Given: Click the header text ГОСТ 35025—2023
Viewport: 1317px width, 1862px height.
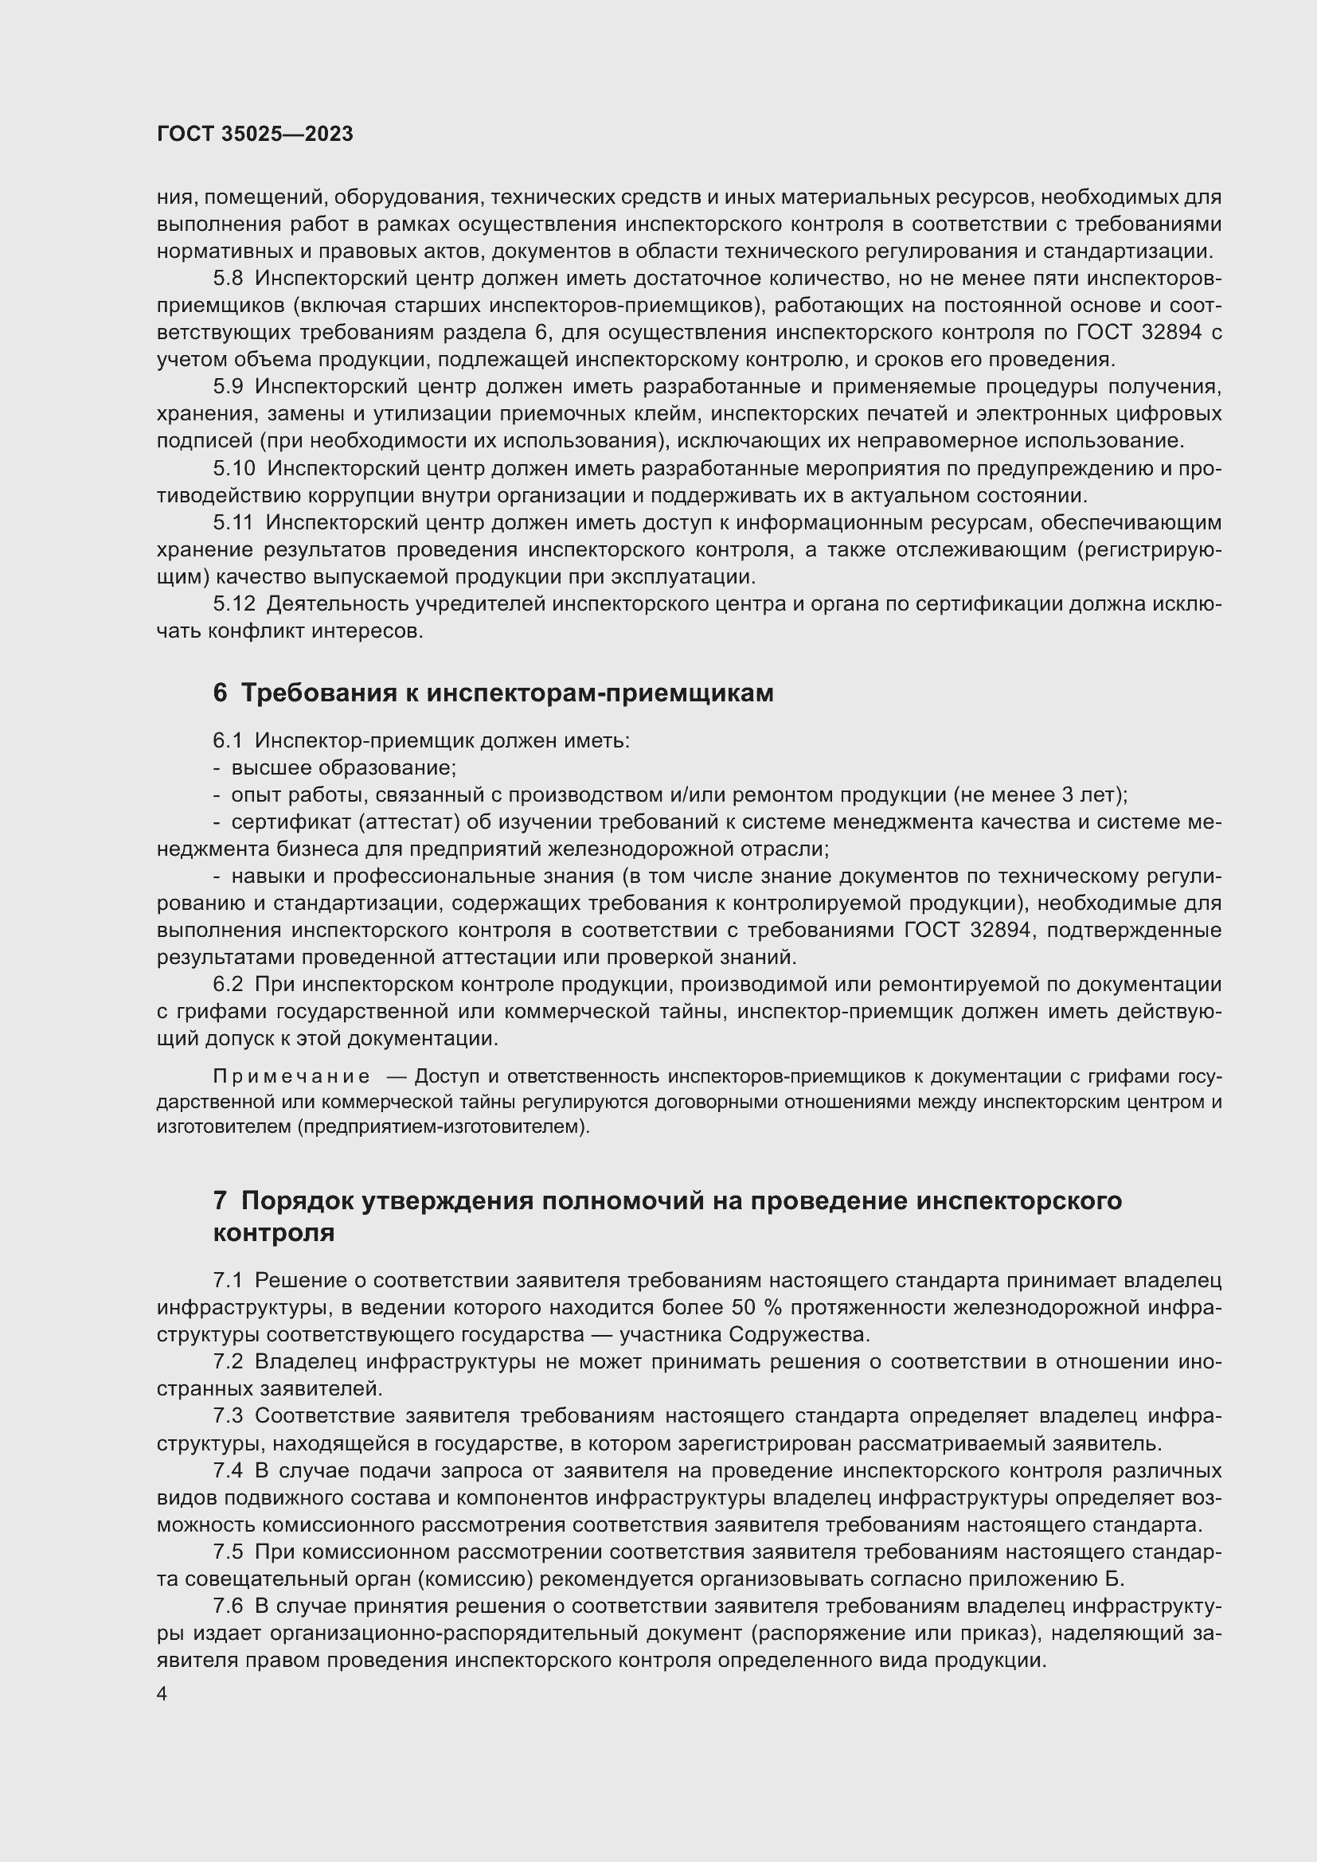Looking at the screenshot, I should point(255,135).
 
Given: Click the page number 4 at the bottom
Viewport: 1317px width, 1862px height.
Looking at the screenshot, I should point(162,1694).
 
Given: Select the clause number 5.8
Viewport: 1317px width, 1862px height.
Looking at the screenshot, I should point(228,279).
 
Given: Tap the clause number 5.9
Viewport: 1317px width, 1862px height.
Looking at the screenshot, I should point(228,387).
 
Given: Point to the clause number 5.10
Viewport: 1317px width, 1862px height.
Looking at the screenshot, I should point(233,469).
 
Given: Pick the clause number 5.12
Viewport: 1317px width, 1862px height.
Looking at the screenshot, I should point(233,604).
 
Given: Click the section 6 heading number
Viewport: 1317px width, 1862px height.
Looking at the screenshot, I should point(220,693).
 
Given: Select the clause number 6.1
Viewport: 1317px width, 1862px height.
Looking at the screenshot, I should point(228,740).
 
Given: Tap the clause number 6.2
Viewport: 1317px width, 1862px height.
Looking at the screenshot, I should point(228,985).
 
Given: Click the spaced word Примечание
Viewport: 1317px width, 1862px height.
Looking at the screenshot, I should point(291,1076).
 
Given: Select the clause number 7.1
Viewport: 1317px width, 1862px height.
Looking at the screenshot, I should point(228,1281).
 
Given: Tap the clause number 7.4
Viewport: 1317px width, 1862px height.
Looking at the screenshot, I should point(228,1470).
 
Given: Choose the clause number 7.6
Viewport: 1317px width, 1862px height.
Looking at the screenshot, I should point(228,1606).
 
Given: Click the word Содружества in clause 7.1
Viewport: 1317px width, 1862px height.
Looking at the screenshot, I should point(797,1334).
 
